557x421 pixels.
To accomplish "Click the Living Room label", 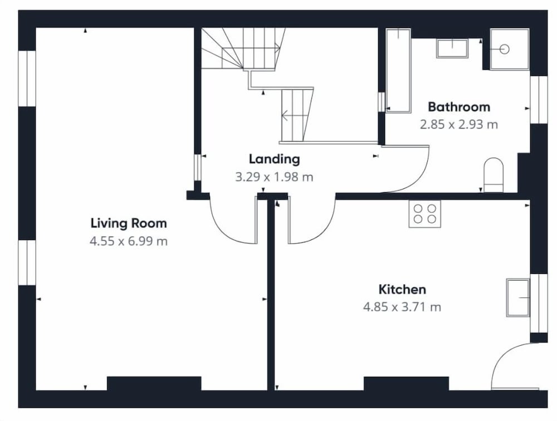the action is (x=129, y=223).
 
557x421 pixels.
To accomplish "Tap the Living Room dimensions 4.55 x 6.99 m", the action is (x=129, y=241).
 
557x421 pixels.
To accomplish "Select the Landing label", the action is (x=274, y=159).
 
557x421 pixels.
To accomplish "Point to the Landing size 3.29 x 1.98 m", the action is (x=274, y=177).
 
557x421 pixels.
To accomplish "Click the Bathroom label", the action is (x=459, y=106).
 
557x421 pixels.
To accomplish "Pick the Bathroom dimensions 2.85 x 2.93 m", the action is (x=459, y=125).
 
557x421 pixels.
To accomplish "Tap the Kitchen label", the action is (x=402, y=289).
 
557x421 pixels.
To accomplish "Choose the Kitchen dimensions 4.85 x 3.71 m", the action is (x=402, y=307).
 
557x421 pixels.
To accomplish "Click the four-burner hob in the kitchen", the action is (x=425, y=214).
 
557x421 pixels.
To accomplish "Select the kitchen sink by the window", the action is (x=518, y=297).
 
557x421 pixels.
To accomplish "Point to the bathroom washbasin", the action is (x=452, y=48).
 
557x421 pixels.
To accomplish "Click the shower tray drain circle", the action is (x=505, y=49).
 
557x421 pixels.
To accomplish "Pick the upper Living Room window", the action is (x=27, y=79).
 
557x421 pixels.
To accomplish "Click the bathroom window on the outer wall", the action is (x=539, y=100).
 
